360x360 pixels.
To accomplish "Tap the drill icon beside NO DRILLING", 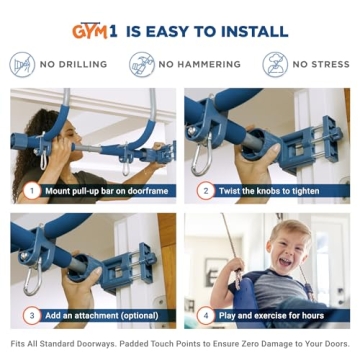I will click(x=23, y=64).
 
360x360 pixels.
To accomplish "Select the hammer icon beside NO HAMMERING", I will click(x=141, y=64).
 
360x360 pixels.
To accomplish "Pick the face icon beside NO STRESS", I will click(x=275, y=64).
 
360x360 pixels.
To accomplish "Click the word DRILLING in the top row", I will click(x=82, y=65).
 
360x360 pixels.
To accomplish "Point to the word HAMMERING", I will click(x=208, y=65).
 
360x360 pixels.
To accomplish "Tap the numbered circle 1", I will click(x=31, y=189).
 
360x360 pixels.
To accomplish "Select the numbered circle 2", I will click(x=204, y=189).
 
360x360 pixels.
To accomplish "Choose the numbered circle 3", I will click(x=31, y=315).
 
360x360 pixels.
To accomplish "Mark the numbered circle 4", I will click(x=204, y=315).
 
